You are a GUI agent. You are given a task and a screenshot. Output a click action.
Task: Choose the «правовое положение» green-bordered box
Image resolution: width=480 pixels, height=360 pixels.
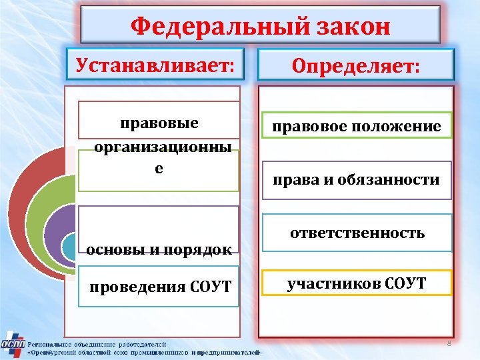[356, 126]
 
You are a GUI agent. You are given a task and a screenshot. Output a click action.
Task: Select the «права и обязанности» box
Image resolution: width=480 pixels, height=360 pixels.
[356, 179]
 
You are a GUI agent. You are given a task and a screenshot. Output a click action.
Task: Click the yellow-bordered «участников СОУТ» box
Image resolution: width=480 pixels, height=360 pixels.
[356, 283]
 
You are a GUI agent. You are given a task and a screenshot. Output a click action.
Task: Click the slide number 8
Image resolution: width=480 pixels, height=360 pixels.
[449, 343]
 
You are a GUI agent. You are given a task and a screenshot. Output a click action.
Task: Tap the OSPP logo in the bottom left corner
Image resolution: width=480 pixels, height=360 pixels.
[13, 344]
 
